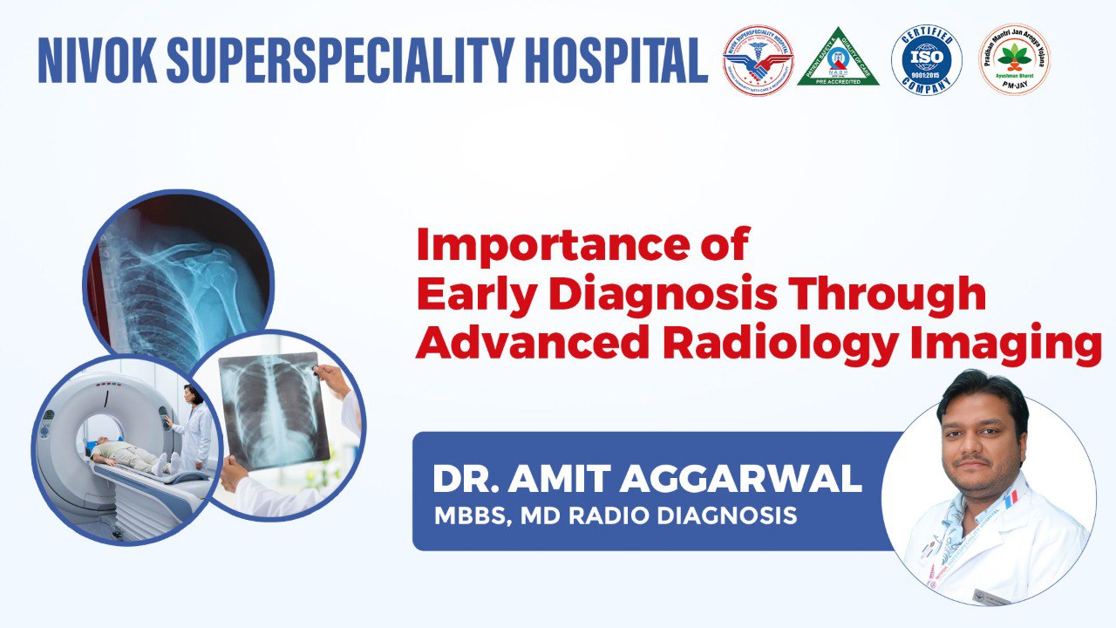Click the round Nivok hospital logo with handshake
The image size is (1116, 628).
click(x=758, y=59)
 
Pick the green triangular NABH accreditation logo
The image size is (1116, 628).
click(x=838, y=59)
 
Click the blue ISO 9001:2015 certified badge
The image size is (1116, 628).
click(x=926, y=59)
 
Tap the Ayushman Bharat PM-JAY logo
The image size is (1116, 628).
click(x=1013, y=59)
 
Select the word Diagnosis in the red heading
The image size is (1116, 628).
click(x=663, y=295)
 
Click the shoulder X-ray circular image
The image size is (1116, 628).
click(x=179, y=270)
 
